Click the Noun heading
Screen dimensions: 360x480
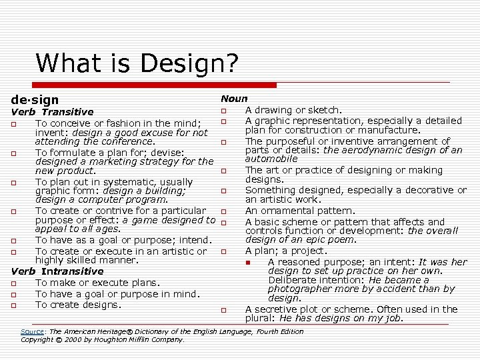(234, 99)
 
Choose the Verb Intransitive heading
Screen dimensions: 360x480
(57, 271)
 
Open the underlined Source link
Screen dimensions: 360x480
(32, 331)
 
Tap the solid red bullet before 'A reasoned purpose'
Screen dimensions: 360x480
(247, 263)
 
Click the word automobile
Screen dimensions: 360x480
(271, 159)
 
